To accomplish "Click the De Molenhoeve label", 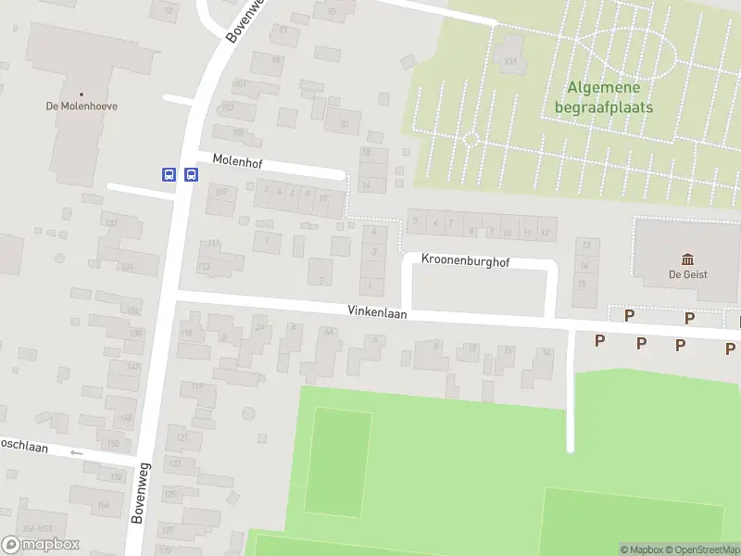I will pos(82,106).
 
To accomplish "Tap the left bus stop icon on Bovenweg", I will pos(169,174).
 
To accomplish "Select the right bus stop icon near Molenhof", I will pos(191,174).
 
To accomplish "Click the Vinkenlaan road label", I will pos(377,314).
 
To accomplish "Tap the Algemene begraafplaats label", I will pos(603,97).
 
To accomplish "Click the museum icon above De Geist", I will pos(687,259).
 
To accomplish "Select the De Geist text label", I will pos(687,273).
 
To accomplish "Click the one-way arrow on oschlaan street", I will pos(76,453).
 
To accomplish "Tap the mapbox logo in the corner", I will pos(41,545).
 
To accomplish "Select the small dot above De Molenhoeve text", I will pos(82,94).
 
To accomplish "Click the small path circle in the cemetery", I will pos(470,140).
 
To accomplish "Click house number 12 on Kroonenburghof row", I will pos(546,233).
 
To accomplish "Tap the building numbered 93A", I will pos(510,62).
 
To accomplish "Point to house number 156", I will pos(103,504).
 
